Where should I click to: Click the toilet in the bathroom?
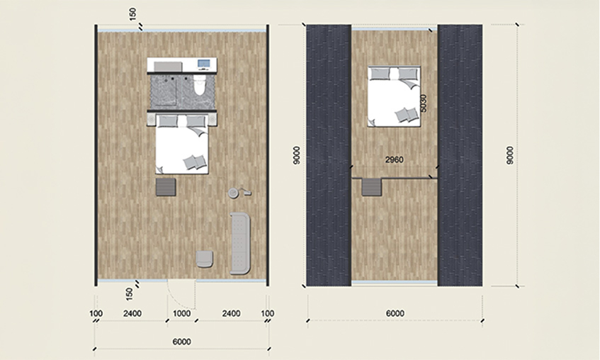[x=200, y=84]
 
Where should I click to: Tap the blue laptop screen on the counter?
[x=203, y=63]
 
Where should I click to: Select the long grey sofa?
[x=240, y=243]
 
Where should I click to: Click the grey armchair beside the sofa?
[x=204, y=259]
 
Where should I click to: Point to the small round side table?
[x=234, y=193]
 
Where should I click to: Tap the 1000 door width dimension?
[x=181, y=314]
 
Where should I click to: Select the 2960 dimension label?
[x=394, y=159]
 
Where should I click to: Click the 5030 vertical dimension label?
[x=423, y=103]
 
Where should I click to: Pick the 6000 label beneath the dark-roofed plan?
[x=395, y=313]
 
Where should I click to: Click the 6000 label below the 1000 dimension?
[x=182, y=342]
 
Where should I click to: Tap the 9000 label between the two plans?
[x=297, y=155]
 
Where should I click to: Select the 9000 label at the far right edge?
[x=510, y=155]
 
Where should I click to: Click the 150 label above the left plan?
[x=132, y=15]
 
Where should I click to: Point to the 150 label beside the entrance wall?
[x=130, y=294]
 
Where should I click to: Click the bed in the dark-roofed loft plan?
[x=395, y=96]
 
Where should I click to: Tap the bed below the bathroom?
[x=182, y=145]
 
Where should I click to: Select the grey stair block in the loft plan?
[x=373, y=187]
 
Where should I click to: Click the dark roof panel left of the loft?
[x=329, y=155]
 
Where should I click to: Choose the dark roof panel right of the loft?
[x=460, y=155]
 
